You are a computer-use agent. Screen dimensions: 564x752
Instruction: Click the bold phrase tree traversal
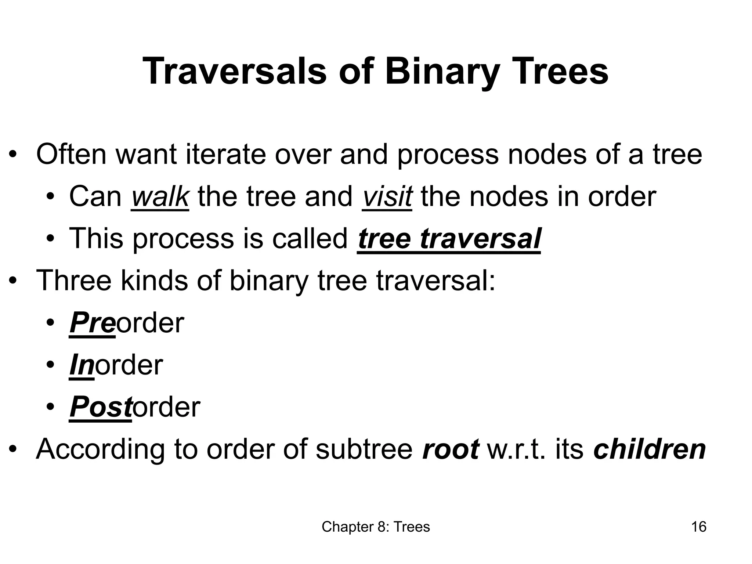[449, 239]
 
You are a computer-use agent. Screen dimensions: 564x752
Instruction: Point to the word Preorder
[127, 323]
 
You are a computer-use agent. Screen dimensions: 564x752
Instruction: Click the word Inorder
[116, 365]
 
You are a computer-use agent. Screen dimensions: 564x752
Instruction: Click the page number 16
[698, 527]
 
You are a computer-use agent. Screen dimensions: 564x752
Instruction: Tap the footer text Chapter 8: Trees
[376, 527]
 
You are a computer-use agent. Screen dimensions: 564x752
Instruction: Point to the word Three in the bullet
[73, 281]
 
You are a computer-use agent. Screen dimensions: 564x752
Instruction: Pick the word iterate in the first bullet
[226, 155]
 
